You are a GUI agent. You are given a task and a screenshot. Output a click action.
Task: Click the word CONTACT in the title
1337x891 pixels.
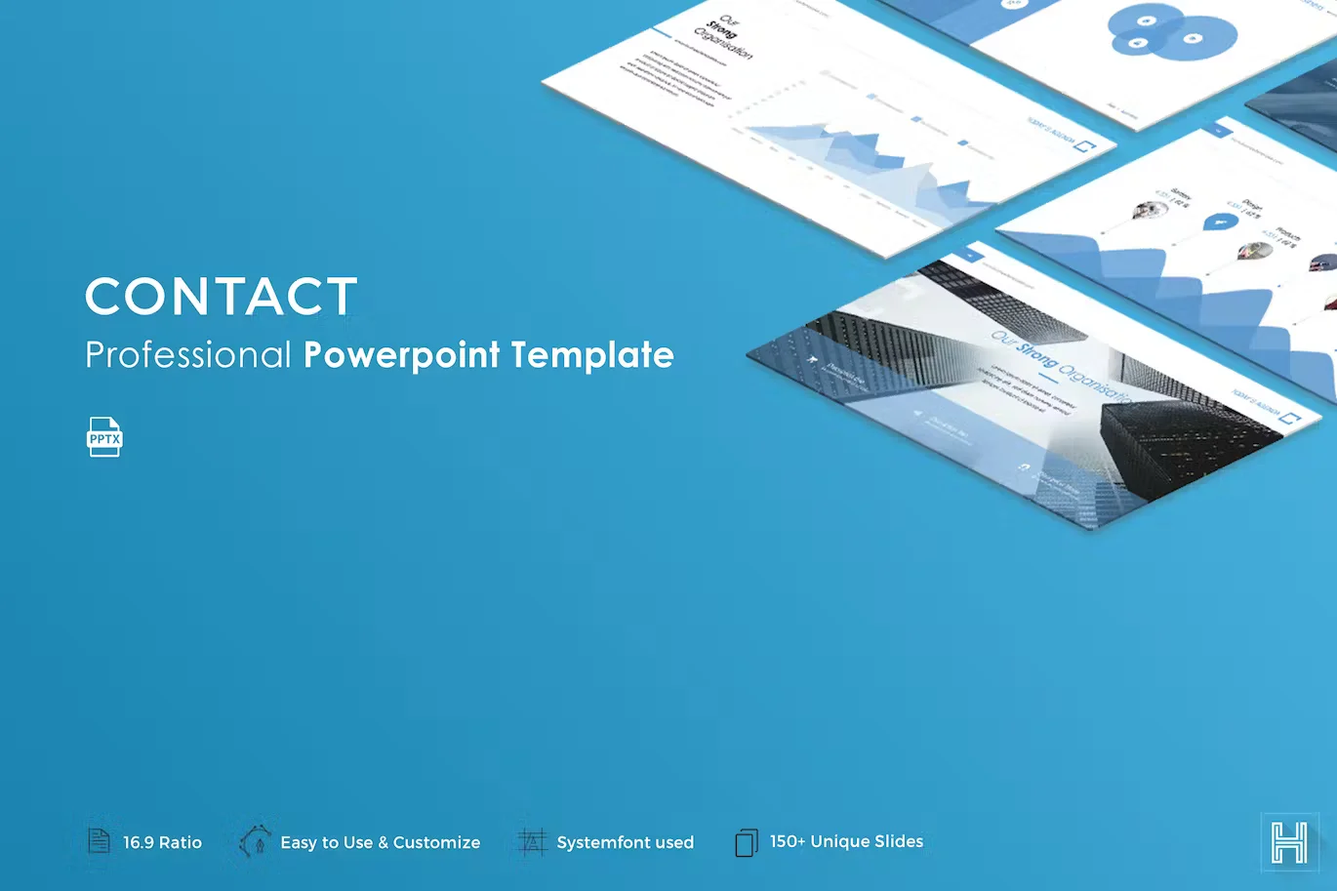tap(222, 297)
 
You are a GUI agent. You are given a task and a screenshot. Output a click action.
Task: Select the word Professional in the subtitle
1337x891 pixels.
tap(188, 355)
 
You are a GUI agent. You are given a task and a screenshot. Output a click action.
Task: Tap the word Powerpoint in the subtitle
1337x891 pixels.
tap(402, 355)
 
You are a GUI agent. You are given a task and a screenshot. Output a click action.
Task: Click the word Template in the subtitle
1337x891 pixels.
tap(592, 355)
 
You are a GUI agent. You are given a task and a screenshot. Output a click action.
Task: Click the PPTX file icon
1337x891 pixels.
tap(104, 437)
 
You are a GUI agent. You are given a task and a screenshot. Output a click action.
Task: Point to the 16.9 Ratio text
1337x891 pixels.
tap(162, 842)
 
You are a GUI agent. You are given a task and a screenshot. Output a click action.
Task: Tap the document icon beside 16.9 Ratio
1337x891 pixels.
tap(100, 840)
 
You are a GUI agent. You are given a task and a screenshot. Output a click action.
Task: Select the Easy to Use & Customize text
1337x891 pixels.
tap(380, 842)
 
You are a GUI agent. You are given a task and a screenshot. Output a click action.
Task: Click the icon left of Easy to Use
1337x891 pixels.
tap(255, 840)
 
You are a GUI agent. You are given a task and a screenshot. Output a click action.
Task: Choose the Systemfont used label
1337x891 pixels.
tap(625, 842)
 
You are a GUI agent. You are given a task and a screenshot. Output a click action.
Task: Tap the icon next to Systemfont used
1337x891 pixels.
tap(532, 841)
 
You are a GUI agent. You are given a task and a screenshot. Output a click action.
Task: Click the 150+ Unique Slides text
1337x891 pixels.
tap(846, 841)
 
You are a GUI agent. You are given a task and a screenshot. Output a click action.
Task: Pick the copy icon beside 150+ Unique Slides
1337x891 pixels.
tap(746, 842)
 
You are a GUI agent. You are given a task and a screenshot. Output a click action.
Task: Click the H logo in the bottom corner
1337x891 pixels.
tap(1288, 841)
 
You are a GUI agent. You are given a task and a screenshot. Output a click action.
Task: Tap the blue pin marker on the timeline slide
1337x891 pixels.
tap(1219, 223)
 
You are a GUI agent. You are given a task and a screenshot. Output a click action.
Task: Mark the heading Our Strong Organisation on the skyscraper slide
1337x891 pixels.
tap(1059, 367)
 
